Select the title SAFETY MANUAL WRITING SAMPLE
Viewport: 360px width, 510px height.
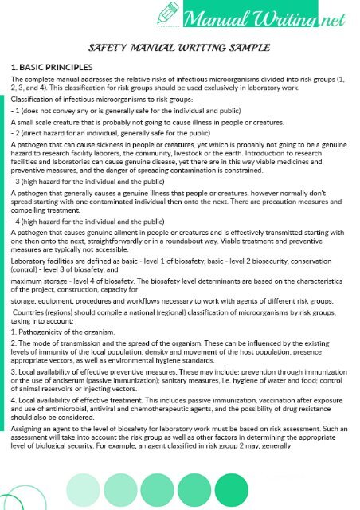(x=179, y=47)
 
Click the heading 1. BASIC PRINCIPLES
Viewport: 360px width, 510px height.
(x=52, y=67)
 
